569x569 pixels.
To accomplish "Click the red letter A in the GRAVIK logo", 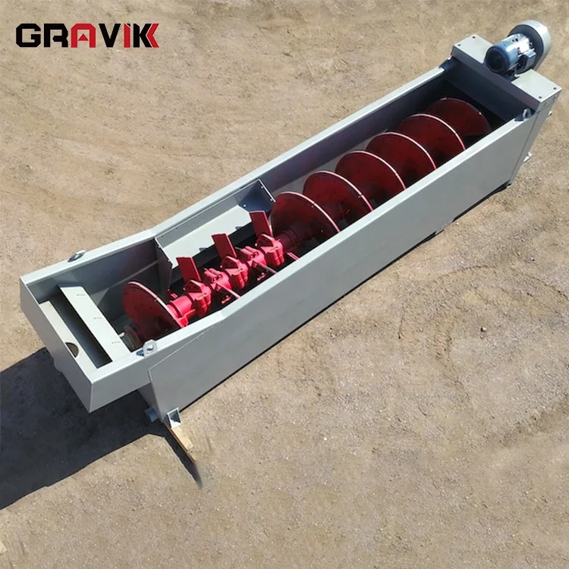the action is [x=83, y=36].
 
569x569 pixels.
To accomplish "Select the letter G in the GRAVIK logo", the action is [x=28, y=36].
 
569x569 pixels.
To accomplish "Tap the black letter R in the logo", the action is [x=56, y=36].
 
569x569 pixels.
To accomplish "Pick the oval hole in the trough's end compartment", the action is [x=72, y=349].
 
